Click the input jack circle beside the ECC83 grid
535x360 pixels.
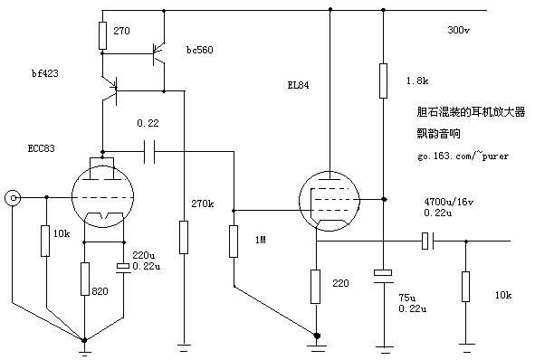pos(14,197)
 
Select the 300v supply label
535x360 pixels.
pos(458,30)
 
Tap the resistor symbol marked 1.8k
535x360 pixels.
pos(384,79)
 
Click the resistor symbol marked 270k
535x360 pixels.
pos(184,237)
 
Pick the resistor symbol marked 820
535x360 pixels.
pos(84,279)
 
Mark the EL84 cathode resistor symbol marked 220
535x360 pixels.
pos(316,286)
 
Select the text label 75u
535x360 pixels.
pos(407,297)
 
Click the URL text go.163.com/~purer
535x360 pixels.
pos(463,156)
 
